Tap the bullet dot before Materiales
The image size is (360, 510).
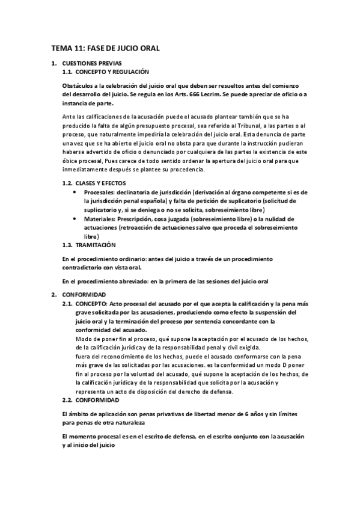click(73, 220)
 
